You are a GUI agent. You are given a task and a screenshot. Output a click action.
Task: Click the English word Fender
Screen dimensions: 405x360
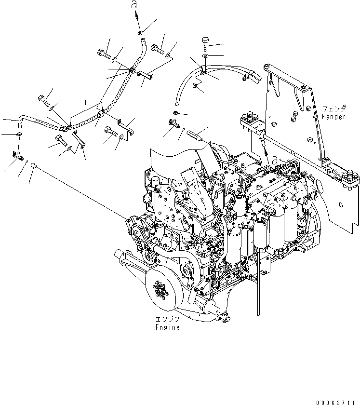coord(333,117)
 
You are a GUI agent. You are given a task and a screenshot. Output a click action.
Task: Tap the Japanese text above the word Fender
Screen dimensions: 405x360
coord(333,109)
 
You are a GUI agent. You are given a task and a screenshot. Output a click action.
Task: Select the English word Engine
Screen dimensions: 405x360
coord(167,327)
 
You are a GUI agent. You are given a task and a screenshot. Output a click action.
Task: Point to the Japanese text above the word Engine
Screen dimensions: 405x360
coord(167,320)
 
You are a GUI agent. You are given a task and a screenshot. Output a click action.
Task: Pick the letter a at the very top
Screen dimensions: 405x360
coord(136,5)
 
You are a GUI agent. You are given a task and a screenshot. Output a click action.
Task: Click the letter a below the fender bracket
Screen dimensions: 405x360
coord(273,160)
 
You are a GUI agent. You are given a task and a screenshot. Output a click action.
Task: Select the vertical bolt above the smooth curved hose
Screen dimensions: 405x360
coord(206,44)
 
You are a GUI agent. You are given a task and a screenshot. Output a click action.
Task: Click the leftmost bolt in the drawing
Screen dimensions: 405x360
coord(43,100)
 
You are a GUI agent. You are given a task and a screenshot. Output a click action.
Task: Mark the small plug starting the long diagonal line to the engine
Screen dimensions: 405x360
coord(34,166)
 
